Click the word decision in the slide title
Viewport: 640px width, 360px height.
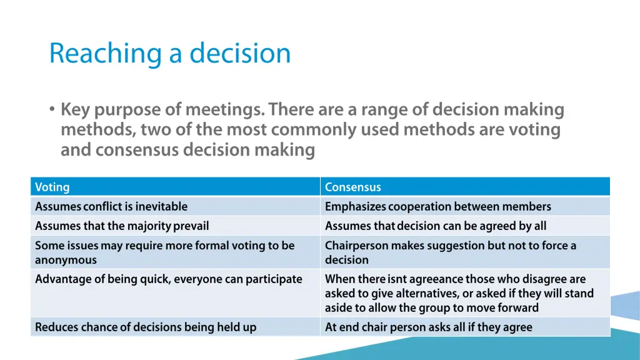tap(240, 53)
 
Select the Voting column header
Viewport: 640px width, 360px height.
tap(52, 187)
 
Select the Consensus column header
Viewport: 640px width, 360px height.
tap(352, 187)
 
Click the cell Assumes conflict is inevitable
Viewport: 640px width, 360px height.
tap(111, 206)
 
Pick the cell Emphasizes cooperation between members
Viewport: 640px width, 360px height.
tap(437, 206)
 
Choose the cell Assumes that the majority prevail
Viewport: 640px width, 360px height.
tap(122, 226)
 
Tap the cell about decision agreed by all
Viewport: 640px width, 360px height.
tap(436, 226)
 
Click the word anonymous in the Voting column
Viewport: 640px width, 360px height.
tap(66, 260)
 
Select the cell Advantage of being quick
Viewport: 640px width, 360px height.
tap(168, 279)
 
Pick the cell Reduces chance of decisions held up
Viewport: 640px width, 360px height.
tap(146, 326)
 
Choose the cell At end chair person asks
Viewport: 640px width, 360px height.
tap(428, 326)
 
